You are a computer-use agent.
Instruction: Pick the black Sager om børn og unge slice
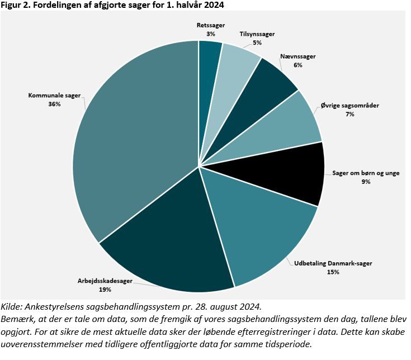[291, 176]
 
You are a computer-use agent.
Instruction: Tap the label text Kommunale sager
[54, 96]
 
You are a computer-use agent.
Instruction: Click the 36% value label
[54, 105]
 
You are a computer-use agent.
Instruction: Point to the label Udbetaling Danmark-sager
[333, 263]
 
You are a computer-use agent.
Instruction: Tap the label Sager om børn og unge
[366, 173]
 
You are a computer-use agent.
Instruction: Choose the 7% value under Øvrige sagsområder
[350, 114]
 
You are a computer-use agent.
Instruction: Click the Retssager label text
[210, 25]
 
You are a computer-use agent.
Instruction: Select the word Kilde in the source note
[12, 308]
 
